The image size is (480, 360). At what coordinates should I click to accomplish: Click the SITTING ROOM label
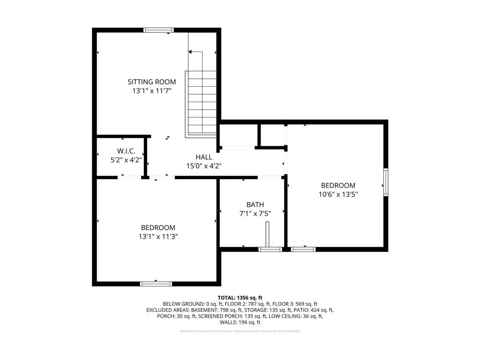[x=152, y=82]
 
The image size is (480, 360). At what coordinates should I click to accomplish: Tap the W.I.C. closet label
[x=126, y=151]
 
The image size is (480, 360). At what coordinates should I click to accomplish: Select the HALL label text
[x=204, y=157]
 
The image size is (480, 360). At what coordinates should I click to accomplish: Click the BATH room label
[x=255, y=204]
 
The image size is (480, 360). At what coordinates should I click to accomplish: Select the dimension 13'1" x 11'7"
[x=152, y=91]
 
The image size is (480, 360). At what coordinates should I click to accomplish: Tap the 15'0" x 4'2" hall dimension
[x=204, y=165]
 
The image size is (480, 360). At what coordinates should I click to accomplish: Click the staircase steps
[x=201, y=103]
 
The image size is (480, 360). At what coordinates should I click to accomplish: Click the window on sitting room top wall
[x=158, y=30]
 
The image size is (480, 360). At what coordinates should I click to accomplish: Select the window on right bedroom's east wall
[x=386, y=182]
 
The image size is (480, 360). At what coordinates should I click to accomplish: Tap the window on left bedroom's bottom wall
[x=156, y=284]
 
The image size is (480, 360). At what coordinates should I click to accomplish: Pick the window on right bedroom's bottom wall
[x=303, y=249]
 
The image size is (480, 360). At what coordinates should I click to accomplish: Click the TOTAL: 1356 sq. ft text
[x=240, y=298]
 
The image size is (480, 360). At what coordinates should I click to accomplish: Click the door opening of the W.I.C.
[x=130, y=177]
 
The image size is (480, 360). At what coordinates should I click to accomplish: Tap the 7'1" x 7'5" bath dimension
[x=255, y=213]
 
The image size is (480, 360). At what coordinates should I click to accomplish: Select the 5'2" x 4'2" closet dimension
[x=126, y=159]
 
